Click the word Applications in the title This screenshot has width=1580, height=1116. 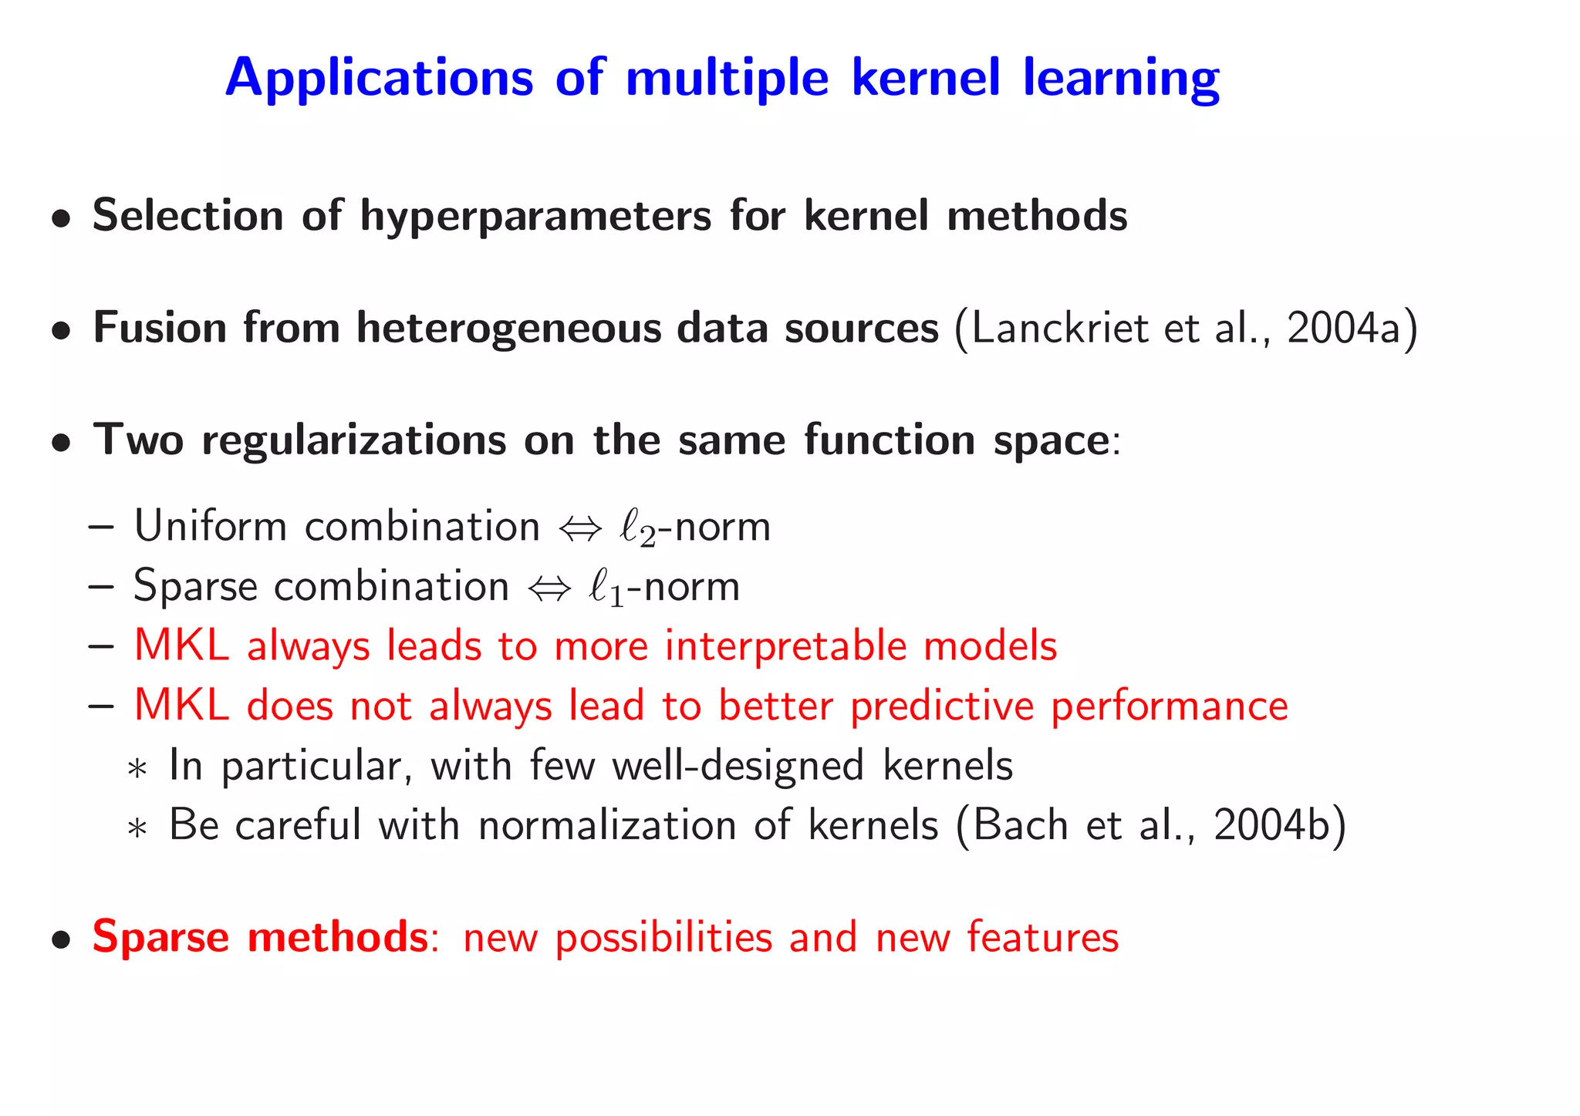(x=379, y=79)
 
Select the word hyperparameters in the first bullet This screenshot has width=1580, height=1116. (x=535, y=216)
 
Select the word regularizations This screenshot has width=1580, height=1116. (x=353, y=440)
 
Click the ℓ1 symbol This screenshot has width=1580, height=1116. (x=606, y=588)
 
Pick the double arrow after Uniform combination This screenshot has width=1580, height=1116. (x=579, y=529)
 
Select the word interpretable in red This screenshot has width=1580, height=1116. (x=785, y=646)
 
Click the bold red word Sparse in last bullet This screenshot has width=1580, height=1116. (x=160, y=938)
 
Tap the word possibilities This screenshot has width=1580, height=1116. (x=663, y=939)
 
